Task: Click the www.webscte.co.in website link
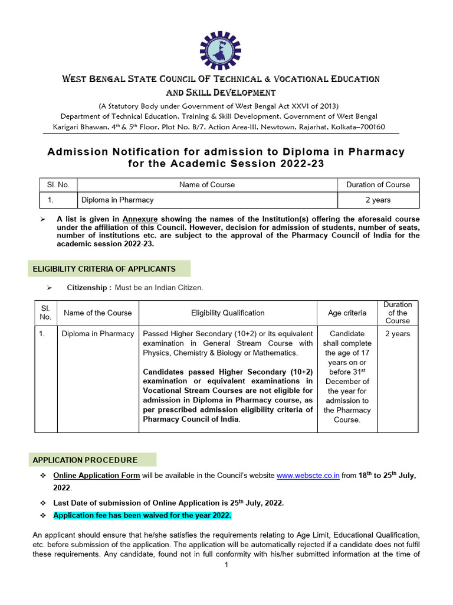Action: click(307, 475)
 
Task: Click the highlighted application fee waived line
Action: click(142, 515)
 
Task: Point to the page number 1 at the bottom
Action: click(226, 565)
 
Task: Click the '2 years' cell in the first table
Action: click(377, 200)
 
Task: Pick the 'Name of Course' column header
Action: click(206, 184)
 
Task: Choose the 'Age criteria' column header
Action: click(347, 313)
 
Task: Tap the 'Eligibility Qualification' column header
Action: click(228, 313)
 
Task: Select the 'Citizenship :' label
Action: click(89, 287)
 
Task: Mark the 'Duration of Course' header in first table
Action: click(377, 184)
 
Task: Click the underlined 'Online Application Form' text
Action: click(96, 475)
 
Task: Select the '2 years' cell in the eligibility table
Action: click(398, 334)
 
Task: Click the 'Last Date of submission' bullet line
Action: click(168, 502)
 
